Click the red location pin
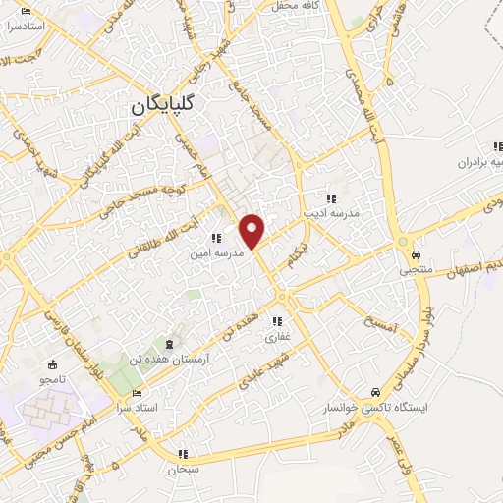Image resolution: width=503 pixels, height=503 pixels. click(x=252, y=230)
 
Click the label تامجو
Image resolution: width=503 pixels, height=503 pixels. click(x=51, y=378)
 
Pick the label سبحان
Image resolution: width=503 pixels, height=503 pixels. click(x=183, y=471)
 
